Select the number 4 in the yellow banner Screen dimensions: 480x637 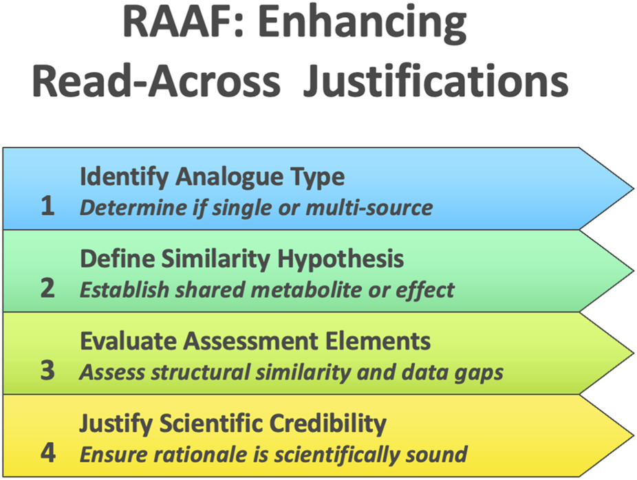click(x=47, y=454)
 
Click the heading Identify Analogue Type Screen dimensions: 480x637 click(x=212, y=177)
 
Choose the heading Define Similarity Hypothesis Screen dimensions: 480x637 click(x=241, y=259)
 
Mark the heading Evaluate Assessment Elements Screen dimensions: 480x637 click(x=255, y=341)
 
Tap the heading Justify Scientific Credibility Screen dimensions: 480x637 click(x=233, y=424)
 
